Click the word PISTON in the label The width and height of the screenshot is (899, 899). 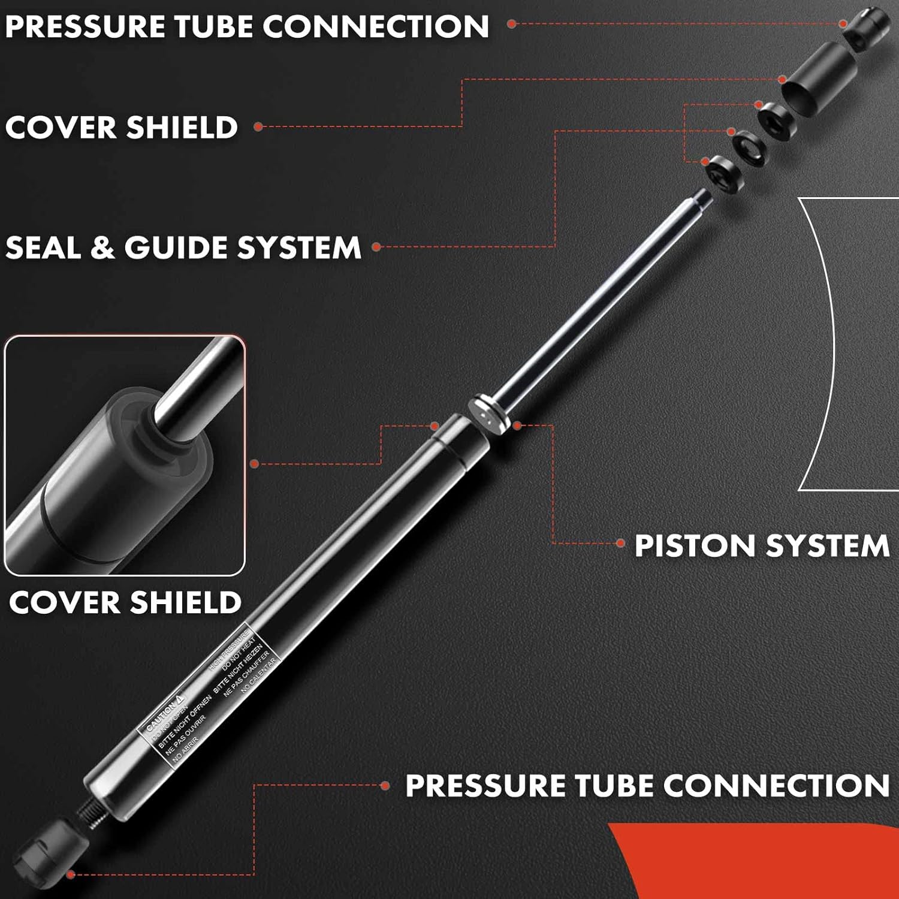[695, 546]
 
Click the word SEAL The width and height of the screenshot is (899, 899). [42, 248]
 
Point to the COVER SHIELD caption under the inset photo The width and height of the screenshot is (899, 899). [125, 602]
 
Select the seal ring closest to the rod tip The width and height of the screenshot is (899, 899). [722, 174]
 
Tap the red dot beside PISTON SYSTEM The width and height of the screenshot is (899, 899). [621, 544]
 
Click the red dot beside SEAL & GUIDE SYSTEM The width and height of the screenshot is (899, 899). [376, 247]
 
